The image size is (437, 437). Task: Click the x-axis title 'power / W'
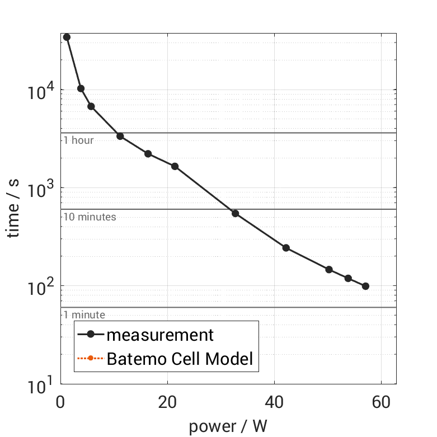pos(228,426)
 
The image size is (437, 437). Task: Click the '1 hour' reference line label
pos(78,140)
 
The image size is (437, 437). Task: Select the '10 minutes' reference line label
pos(90,217)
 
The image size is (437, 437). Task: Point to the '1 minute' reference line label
pos(84,315)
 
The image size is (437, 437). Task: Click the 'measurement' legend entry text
pos(160,335)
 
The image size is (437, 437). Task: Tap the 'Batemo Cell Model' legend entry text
pos(180,359)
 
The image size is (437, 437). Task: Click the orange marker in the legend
pos(90,359)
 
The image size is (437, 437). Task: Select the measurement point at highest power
pos(365,286)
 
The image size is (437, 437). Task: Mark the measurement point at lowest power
pos(67,37)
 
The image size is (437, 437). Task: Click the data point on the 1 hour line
pos(120,136)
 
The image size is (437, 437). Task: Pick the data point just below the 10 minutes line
pos(235,213)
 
